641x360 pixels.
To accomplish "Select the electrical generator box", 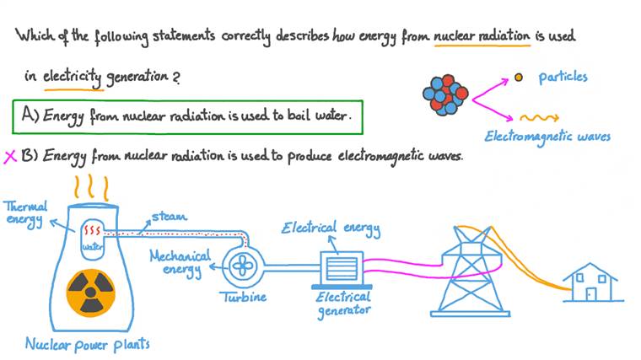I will point(338,270).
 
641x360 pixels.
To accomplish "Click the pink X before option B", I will point(11,156).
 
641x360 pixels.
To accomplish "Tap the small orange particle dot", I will point(519,78).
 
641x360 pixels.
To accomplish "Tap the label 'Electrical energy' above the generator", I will point(331,228).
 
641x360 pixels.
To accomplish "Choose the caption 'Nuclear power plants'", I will point(88,344).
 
